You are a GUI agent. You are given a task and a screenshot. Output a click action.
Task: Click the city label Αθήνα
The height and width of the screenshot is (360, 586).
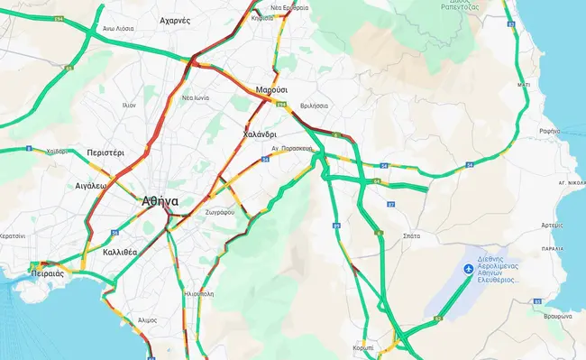point(160,201)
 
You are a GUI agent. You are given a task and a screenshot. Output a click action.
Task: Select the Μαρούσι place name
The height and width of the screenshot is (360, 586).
point(271,91)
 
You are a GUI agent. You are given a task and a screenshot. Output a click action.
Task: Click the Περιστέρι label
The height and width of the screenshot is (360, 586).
point(105,153)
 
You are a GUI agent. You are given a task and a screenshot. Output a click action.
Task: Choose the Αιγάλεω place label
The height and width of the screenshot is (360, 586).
point(90,185)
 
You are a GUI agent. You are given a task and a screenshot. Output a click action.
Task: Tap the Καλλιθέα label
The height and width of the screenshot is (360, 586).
point(120,252)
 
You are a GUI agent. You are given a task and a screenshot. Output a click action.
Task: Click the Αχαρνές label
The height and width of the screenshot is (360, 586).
point(175,20)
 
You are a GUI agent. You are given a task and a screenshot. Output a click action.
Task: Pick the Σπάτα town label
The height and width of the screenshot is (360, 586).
point(412,235)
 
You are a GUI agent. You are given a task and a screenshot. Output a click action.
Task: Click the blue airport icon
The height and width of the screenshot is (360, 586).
point(467,269)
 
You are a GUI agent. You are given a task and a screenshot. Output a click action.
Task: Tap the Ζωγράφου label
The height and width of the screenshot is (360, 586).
point(219,212)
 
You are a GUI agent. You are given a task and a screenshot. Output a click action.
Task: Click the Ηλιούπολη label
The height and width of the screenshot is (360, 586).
point(197,294)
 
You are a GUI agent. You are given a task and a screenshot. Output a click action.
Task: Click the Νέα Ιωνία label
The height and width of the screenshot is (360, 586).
point(196,97)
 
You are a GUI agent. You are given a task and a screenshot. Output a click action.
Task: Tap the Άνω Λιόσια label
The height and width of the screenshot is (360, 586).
point(118,28)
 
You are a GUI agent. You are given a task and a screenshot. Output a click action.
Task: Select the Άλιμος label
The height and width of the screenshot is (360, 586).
point(148,320)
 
